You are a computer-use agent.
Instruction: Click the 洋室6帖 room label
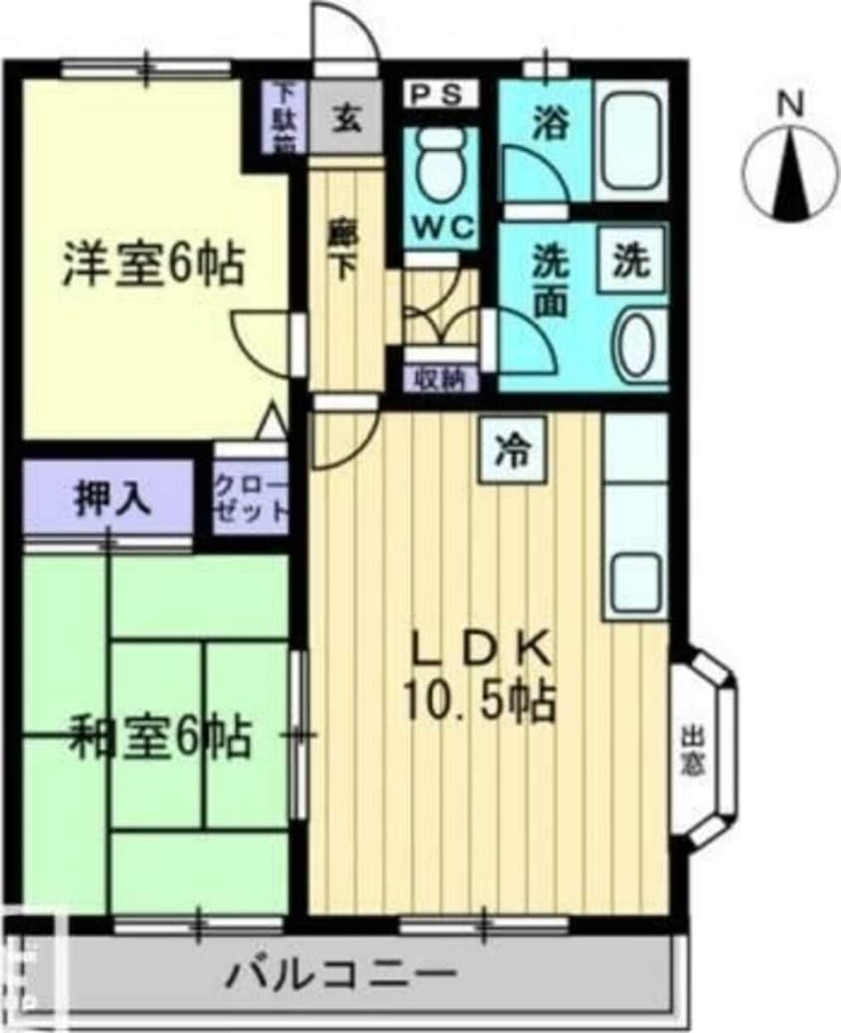tap(152, 265)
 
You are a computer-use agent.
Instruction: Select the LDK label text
tap(480, 652)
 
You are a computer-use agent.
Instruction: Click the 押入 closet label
tap(111, 498)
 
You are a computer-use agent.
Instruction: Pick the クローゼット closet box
tap(252, 498)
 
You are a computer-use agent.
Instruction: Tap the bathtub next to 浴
tap(632, 138)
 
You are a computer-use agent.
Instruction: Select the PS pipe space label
tap(438, 94)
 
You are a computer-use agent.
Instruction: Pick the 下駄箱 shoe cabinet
tap(286, 117)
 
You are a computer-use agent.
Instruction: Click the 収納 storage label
tap(440, 378)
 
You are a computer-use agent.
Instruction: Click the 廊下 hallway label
tap(341, 252)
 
